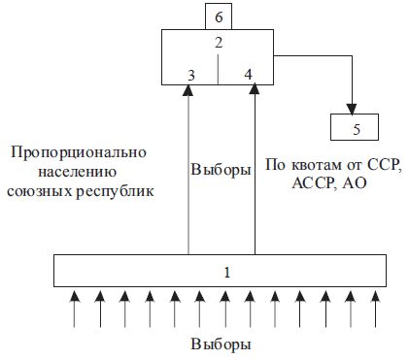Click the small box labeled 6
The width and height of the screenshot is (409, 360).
pyautogui.click(x=219, y=16)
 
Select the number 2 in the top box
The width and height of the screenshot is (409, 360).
pyautogui.click(x=219, y=43)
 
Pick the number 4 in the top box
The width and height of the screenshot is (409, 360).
pyautogui.click(x=249, y=74)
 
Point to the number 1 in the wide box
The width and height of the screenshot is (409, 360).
pyautogui.click(x=226, y=271)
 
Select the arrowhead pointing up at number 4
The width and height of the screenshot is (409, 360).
pyautogui.click(x=256, y=89)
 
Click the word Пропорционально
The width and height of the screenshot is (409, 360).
pyautogui.click(x=76, y=153)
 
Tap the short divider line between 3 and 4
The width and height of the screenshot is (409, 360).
pyautogui.click(x=219, y=69)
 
